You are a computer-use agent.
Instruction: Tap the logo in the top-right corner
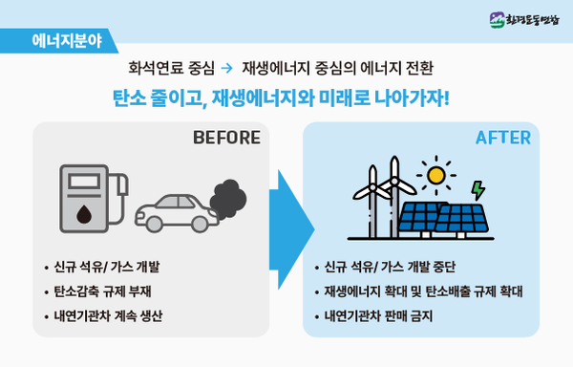point(527,18)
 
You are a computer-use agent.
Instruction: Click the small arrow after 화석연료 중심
point(226,69)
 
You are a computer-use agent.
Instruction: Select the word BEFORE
point(226,138)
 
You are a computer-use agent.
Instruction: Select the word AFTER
point(503,138)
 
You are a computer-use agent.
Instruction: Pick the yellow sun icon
point(437,175)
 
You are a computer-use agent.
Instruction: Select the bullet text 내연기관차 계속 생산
point(110,315)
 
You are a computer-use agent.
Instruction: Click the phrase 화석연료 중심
point(169,69)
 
